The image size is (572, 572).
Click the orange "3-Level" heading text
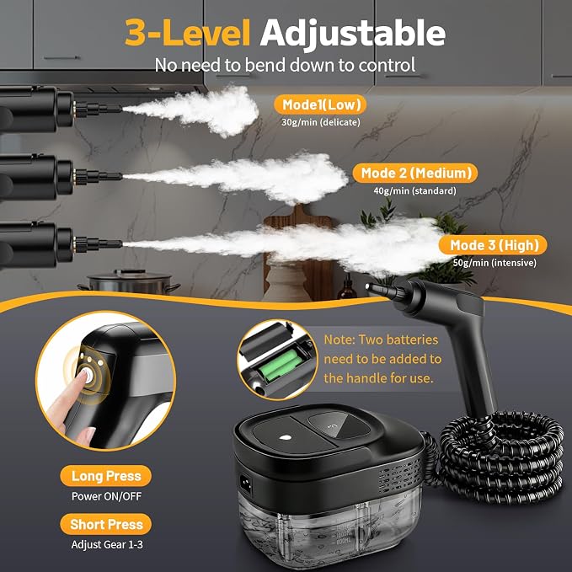click(x=188, y=33)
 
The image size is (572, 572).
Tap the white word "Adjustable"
click(x=352, y=34)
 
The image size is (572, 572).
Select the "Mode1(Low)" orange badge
click(x=320, y=105)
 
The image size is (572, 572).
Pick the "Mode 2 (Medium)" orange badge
click(x=415, y=173)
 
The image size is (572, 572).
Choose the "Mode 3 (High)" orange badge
click(x=493, y=245)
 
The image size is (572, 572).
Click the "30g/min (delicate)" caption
click(x=321, y=122)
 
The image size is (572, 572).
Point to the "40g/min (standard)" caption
click(x=414, y=190)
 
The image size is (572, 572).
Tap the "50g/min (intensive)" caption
click(x=494, y=263)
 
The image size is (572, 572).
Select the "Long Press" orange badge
click(x=106, y=476)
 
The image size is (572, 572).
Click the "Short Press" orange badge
click(x=106, y=524)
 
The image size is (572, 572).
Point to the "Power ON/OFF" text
click(x=106, y=496)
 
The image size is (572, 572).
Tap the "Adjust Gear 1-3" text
click(x=107, y=545)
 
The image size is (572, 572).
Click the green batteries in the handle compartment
click(x=281, y=362)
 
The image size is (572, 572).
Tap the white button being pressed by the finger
click(x=88, y=375)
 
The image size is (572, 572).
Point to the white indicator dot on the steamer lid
click(x=285, y=438)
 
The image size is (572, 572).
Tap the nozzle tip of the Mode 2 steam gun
click(x=121, y=177)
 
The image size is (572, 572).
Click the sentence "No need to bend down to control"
click(x=285, y=66)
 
